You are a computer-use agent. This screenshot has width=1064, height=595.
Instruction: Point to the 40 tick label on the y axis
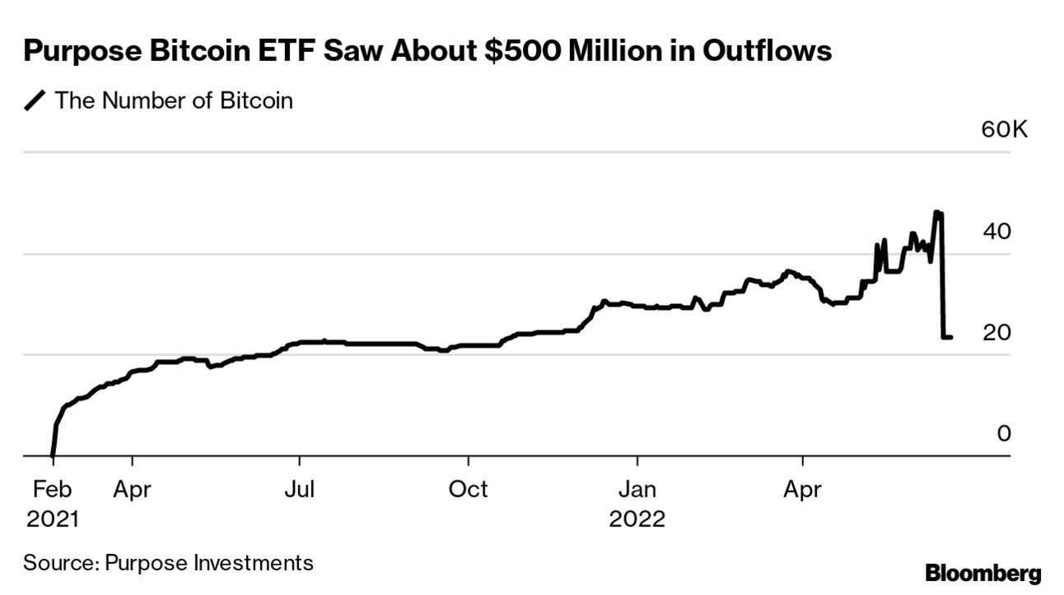pyautogui.click(x=996, y=232)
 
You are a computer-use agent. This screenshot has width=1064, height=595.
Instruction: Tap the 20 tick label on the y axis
pyautogui.click(x=996, y=332)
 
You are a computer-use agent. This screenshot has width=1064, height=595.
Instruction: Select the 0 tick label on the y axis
pyautogui.click(x=1003, y=433)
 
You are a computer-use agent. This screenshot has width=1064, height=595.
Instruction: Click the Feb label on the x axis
pyautogui.click(x=52, y=490)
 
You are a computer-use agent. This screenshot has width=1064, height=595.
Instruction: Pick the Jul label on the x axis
pyautogui.click(x=300, y=490)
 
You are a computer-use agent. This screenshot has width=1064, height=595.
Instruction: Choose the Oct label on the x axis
pyautogui.click(x=468, y=490)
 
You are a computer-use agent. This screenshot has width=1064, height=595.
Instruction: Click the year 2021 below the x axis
pyautogui.click(x=52, y=520)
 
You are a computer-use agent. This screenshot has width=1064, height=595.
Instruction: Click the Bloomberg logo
pyautogui.click(x=983, y=574)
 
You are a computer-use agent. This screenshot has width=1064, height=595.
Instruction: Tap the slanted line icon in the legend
pyautogui.click(x=35, y=101)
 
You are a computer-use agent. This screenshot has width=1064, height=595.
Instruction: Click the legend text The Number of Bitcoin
pyautogui.click(x=173, y=101)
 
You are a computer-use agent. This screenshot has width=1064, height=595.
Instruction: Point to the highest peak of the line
pyautogui.click(x=936, y=212)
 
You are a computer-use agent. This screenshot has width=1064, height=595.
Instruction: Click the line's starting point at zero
pyautogui.click(x=53, y=454)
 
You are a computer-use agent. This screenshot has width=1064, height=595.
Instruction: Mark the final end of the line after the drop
pyautogui.click(x=951, y=337)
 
